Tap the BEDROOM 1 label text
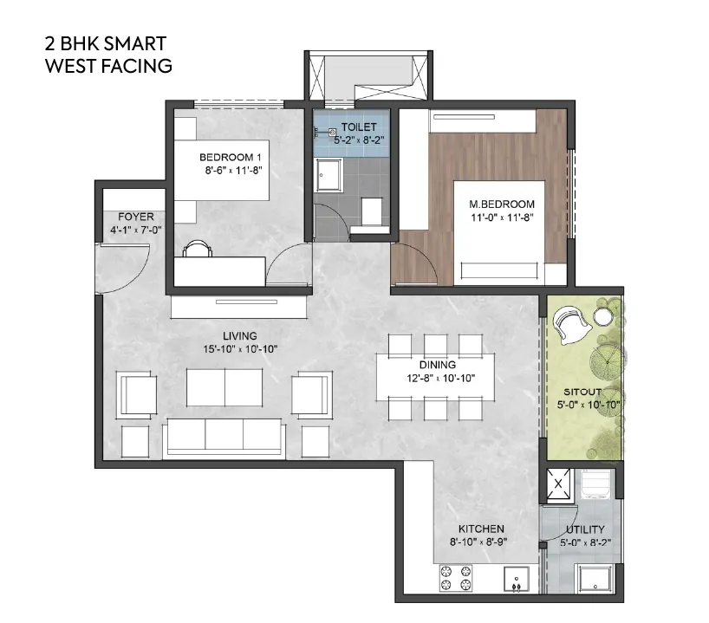pyautogui.click(x=231, y=157)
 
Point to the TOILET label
pyautogui.click(x=358, y=127)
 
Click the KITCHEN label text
pyautogui.click(x=482, y=529)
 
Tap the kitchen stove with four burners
pyautogui.click(x=458, y=578)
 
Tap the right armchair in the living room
pyautogui.click(x=312, y=394)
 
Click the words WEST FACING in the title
pyautogui.click(x=108, y=65)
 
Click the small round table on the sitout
pyautogui.click(x=602, y=318)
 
